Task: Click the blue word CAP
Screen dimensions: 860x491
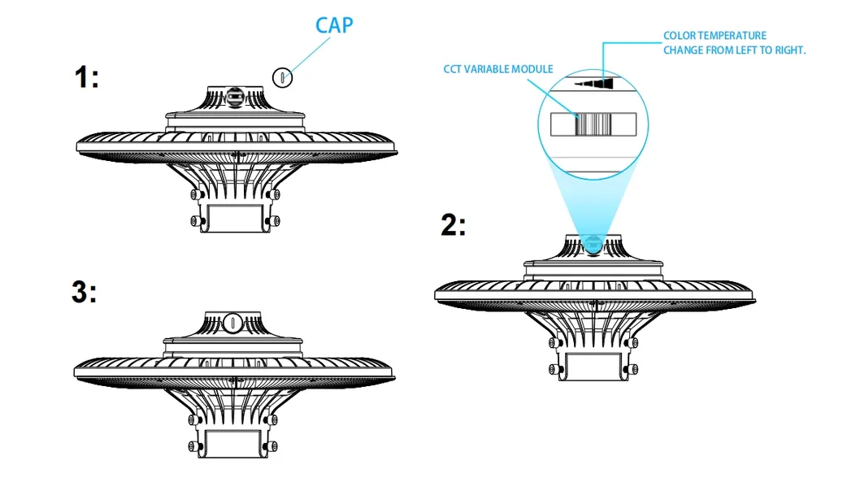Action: [334, 25]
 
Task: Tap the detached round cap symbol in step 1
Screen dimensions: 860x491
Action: [282, 77]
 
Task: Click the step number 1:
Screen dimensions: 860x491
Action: [87, 76]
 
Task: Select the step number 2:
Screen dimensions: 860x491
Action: [454, 225]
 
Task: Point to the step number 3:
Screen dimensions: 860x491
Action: [85, 292]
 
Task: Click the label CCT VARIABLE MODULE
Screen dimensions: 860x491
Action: [498, 69]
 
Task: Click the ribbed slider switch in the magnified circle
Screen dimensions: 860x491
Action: [593, 124]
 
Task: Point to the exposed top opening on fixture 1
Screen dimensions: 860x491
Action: [235, 97]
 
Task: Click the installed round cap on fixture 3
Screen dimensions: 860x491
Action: [232, 323]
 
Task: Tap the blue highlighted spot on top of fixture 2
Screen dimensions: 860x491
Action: [593, 245]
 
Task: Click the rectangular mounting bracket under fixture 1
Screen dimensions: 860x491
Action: [235, 218]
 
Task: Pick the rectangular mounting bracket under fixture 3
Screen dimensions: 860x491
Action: [233, 443]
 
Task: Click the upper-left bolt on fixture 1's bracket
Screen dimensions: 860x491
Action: [197, 195]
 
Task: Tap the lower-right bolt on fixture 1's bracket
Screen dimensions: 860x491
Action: [274, 221]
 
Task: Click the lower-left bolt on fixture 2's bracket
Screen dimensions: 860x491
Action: [555, 370]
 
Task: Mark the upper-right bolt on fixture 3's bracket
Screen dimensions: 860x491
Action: [271, 420]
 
